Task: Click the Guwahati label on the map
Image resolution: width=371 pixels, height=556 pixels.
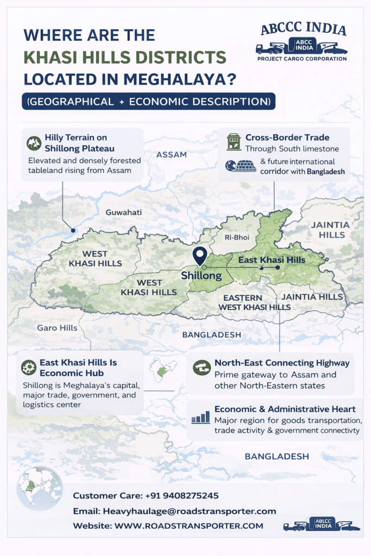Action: [x=123, y=212]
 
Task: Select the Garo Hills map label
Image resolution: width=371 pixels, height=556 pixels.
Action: [x=57, y=327]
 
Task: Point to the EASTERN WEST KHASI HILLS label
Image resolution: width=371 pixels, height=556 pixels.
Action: [x=254, y=302]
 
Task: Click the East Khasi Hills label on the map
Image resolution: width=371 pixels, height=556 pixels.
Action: [x=272, y=260]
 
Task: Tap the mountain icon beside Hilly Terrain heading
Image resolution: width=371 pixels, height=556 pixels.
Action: [x=34, y=143]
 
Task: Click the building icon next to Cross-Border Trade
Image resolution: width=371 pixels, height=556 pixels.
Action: [x=234, y=142]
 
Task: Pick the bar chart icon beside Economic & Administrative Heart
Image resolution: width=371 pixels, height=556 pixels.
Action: [x=201, y=417]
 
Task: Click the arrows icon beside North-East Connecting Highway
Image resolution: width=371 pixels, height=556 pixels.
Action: [x=202, y=368]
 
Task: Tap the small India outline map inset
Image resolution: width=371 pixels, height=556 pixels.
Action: [x=160, y=369]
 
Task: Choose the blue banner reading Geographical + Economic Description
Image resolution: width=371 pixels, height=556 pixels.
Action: [x=148, y=102]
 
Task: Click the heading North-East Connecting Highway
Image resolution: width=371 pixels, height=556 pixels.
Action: [x=282, y=363]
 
